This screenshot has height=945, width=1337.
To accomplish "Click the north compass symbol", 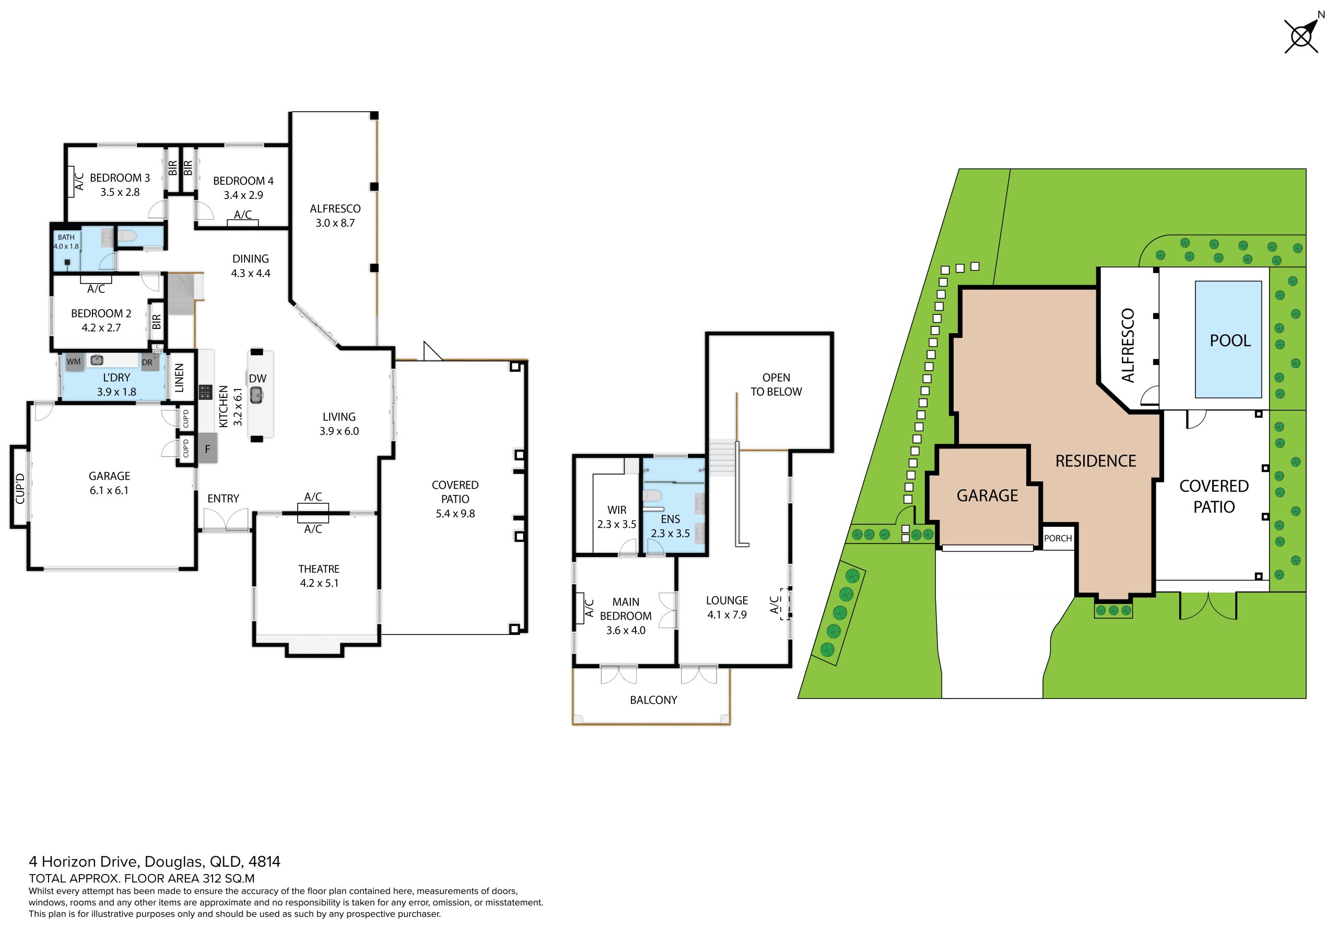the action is click(1302, 36).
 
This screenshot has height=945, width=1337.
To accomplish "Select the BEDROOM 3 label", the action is click(120, 178).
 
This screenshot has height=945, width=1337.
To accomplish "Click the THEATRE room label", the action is click(319, 569).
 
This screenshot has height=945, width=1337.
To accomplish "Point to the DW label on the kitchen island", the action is click(257, 379).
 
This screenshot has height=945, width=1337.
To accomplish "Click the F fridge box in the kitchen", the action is click(207, 449).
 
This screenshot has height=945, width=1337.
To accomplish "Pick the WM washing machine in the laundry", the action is click(74, 362).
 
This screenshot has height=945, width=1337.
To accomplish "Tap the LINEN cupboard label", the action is click(179, 378).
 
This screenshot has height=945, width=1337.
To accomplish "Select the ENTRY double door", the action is click(226, 520).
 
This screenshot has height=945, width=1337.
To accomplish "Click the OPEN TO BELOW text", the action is click(776, 385).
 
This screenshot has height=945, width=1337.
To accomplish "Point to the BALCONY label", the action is click(653, 700).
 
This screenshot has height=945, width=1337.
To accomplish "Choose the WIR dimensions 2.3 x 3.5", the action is click(617, 524).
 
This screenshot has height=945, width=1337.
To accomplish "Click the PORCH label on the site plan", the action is click(1058, 538).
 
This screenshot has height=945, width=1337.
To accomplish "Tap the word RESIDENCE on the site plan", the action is click(1095, 460).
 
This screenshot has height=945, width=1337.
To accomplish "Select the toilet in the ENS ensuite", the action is click(652, 495).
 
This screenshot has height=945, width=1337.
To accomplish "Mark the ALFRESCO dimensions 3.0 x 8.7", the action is click(335, 223).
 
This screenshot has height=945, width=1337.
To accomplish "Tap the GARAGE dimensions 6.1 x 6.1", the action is click(109, 490).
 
